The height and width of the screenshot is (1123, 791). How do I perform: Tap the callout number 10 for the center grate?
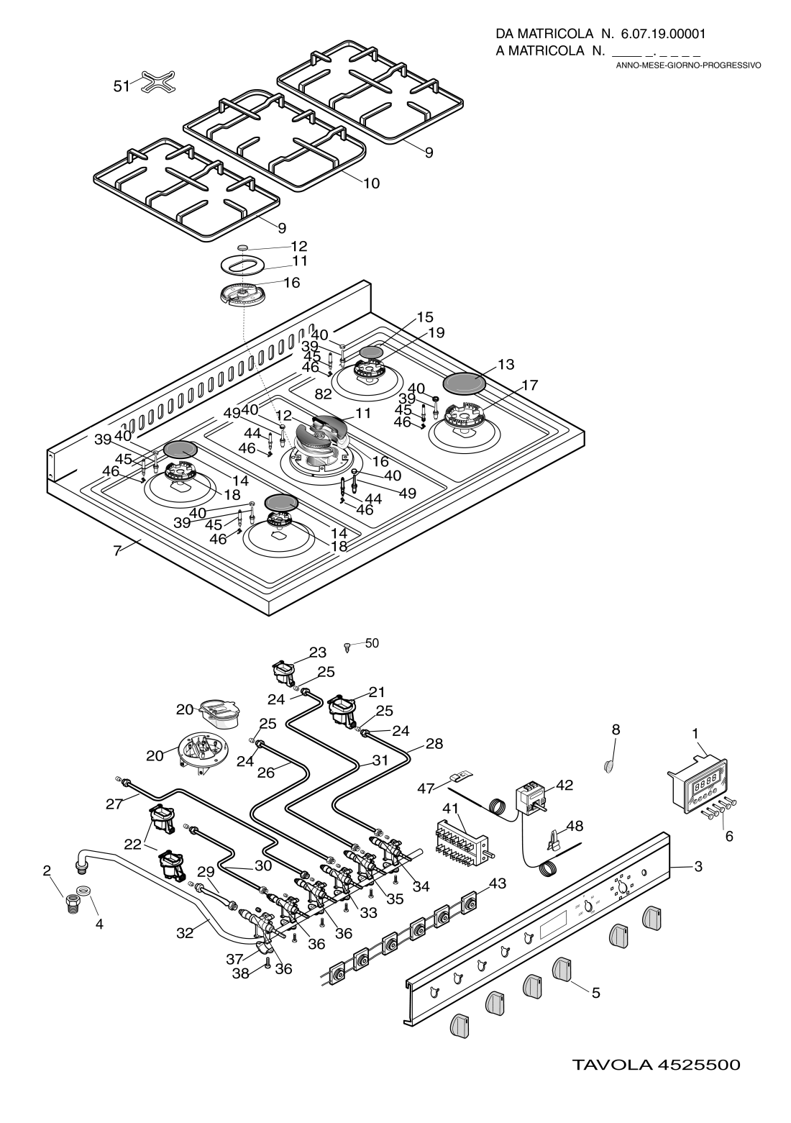[370, 183]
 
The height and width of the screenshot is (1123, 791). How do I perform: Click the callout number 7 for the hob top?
[116, 552]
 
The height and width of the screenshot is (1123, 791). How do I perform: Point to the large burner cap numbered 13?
[464, 383]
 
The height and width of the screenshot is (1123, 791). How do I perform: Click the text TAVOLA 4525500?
[656, 1064]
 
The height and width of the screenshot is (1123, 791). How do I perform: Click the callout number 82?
[323, 393]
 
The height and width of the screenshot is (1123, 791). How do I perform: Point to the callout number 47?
[426, 789]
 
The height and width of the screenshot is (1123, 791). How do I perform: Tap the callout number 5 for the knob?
[595, 994]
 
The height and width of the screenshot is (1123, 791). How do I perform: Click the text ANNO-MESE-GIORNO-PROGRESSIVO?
[688, 65]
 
